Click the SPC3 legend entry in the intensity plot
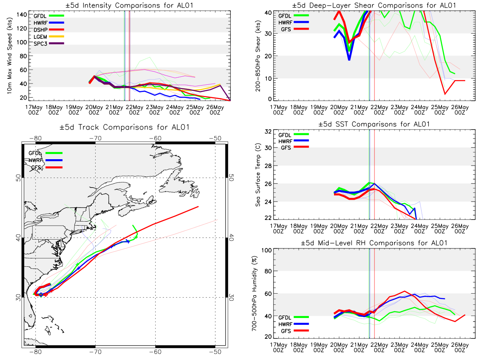click(48, 44)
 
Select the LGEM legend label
click(40, 37)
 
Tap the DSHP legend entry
click(48, 30)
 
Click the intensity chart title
click(130, 5)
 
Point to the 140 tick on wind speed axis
click(22, 15)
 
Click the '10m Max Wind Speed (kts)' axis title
click(10, 56)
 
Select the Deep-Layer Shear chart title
click(374, 5)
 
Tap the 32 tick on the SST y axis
click(268, 132)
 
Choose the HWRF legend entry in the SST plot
click(294, 141)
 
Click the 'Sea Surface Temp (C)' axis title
click(258, 175)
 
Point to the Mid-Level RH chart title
click(374, 243)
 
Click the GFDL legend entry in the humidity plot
click(294, 317)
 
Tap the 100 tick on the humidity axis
click(266, 250)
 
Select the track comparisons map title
click(124, 127)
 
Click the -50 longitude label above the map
click(215, 138)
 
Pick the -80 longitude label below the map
click(35, 352)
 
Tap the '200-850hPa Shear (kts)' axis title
click(258, 56)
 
